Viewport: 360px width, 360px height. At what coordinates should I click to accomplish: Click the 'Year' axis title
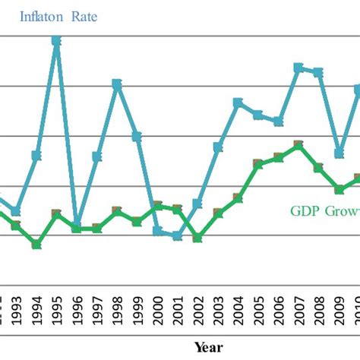207,347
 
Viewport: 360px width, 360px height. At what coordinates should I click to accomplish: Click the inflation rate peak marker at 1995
56,40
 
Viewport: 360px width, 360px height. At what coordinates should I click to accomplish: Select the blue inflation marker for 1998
117,84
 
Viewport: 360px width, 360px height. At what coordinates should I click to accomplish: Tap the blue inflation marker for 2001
177,235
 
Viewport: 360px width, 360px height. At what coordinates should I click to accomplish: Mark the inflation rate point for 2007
298,68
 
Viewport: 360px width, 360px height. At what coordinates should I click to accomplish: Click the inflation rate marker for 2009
339,153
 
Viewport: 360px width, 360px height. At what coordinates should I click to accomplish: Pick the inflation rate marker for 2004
238,103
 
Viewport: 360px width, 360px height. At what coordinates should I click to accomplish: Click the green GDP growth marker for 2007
298,144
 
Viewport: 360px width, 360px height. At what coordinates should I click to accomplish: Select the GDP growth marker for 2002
197,238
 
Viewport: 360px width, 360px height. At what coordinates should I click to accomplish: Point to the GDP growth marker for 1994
36,244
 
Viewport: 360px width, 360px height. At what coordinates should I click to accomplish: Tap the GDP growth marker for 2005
258,163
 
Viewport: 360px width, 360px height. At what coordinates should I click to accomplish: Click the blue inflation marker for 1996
77,223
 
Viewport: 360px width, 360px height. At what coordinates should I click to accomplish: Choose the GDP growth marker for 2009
339,189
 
